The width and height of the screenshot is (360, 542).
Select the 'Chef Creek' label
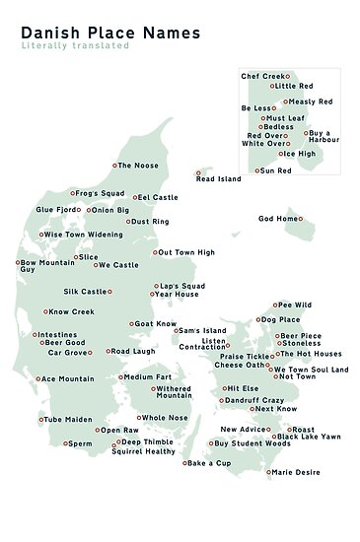coord(261,76)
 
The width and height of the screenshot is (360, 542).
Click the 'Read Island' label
coord(218,179)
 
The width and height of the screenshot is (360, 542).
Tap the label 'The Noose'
coord(137,166)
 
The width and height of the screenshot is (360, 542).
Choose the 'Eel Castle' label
coord(158,198)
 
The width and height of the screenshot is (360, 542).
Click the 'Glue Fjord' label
coord(56,210)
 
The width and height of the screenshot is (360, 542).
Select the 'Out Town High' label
coord(186,252)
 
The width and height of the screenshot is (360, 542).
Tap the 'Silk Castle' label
coord(85,292)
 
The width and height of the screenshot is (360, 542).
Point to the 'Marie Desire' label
coord(297,472)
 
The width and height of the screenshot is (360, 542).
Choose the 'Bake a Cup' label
coord(209,463)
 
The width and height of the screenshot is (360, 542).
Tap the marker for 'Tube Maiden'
coord(42,419)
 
